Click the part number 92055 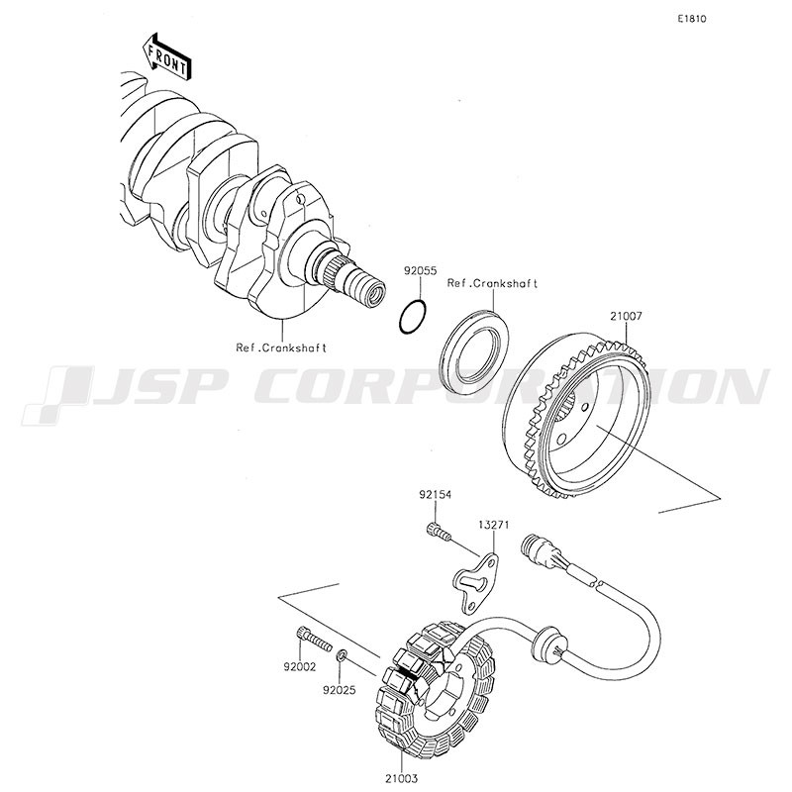coord(420,271)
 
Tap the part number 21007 coord(626,316)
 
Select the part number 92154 coord(435,495)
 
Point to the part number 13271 coord(492,526)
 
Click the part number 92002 coord(300,667)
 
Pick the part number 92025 coord(340,690)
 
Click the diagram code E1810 coord(692,19)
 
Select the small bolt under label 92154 coord(439,532)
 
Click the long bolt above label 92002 coord(313,639)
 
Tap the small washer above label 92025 coord(342,656)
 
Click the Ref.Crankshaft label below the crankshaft coord(281,348)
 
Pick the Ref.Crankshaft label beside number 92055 coord(492,284)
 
